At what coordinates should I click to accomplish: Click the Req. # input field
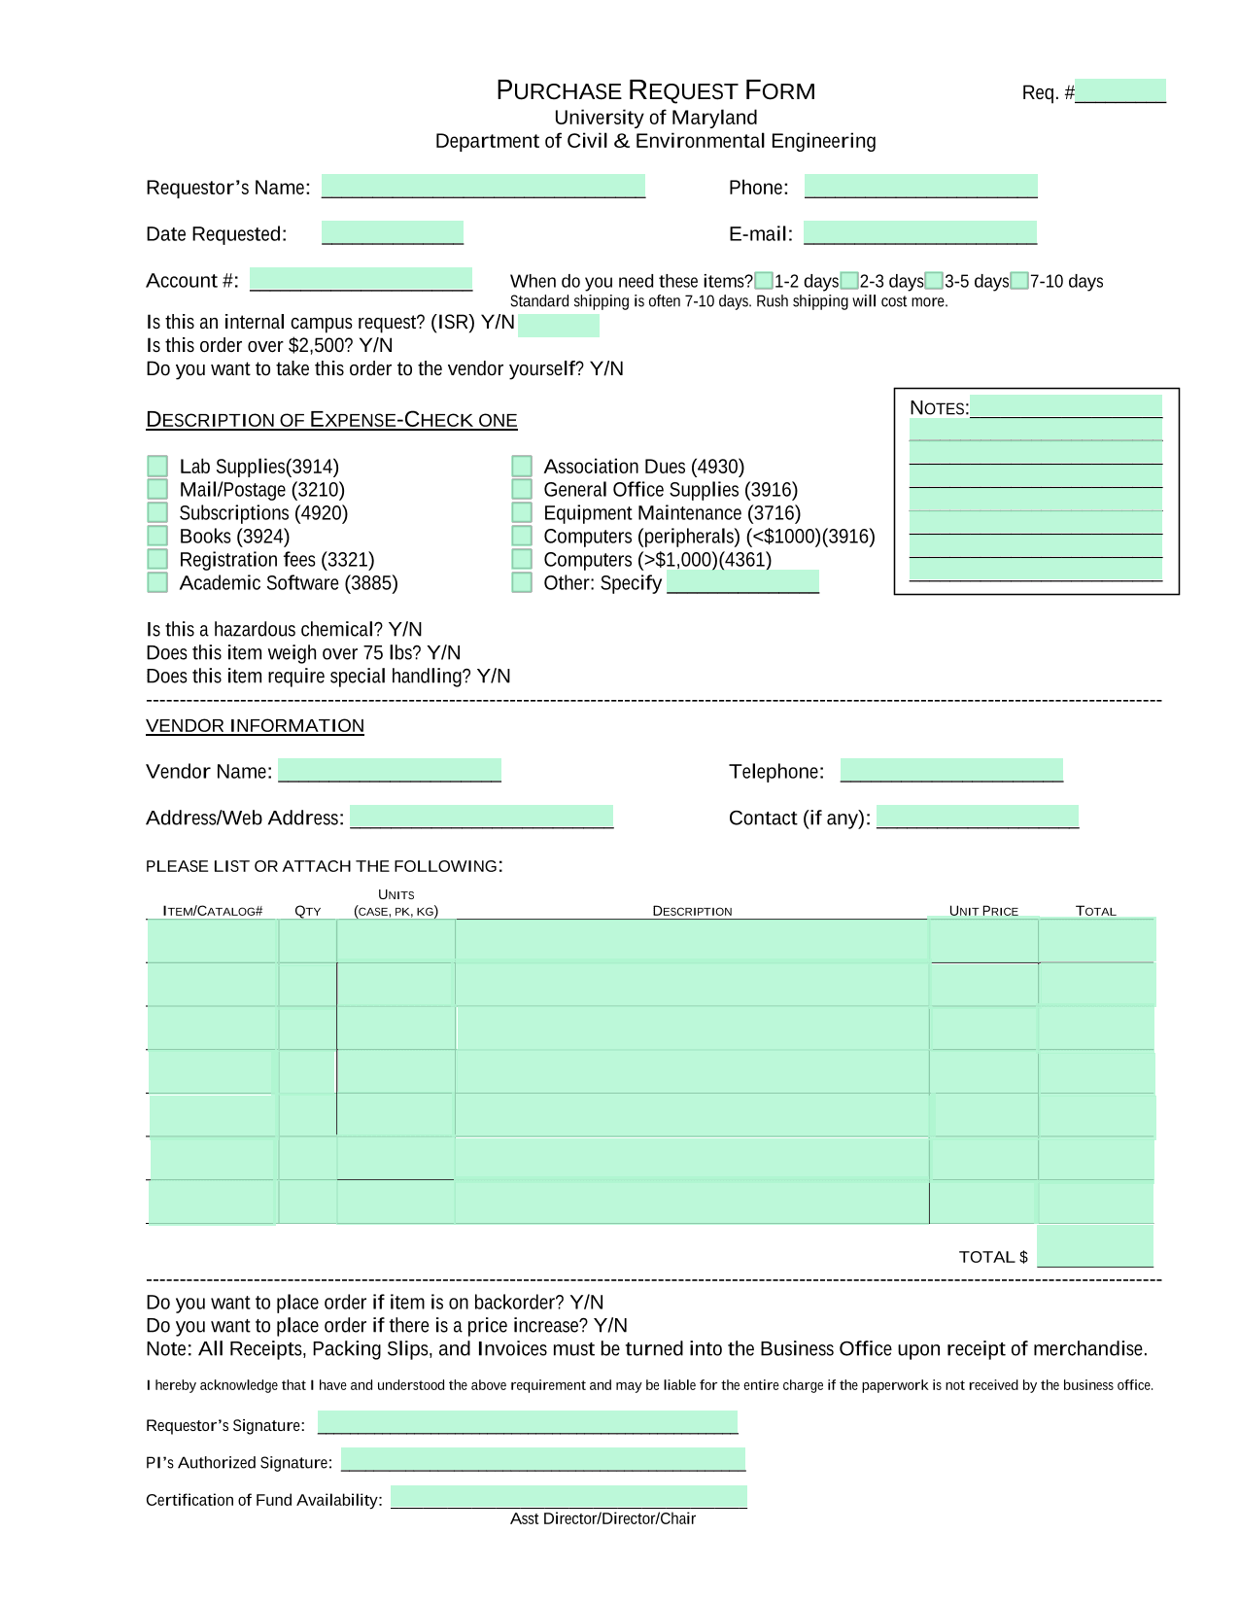[1119, 91]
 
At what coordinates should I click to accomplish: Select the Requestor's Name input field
[483, 186]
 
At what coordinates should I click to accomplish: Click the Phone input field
[920, 186]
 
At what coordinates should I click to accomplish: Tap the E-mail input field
[919, 232]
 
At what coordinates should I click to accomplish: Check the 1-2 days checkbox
[764, 281]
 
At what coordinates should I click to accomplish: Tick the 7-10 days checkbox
[1019, 281]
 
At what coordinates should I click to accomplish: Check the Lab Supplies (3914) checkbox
[157, 466]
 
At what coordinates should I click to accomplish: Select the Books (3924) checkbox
[157, 536]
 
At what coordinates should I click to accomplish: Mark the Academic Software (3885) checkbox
[157, 582]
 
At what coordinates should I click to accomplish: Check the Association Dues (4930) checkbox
[522, 466]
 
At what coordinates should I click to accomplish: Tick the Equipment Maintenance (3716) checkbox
[522, 512]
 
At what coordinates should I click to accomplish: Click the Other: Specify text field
[742, 582]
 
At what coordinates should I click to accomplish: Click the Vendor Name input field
[389, 770]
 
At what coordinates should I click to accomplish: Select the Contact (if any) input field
[977, 817]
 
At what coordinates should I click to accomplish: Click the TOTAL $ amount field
[1094, 1245]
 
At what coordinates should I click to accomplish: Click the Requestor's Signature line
[527, 1422]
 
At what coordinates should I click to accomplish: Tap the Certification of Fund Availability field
[568, 1497]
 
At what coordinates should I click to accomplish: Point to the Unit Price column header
[983, 911]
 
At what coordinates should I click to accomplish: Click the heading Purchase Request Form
[655, 90]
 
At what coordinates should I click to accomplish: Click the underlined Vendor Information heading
[255, 725]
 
